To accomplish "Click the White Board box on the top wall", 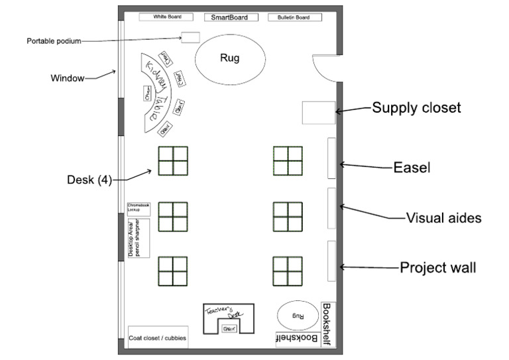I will coord(164,17).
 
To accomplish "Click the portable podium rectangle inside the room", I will coord(191,37).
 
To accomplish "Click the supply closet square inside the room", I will coord(318,112).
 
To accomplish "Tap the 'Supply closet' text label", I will coord(416,107).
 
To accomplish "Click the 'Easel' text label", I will coord(412,168).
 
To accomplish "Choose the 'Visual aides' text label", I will coord(443,217).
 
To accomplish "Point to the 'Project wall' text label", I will coord(437,268).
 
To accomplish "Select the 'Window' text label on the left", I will coord(68,78).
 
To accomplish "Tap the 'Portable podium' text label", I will coord(53,41).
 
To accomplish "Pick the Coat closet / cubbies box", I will coord(158,338).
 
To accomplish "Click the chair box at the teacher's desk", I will coord(229,328).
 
